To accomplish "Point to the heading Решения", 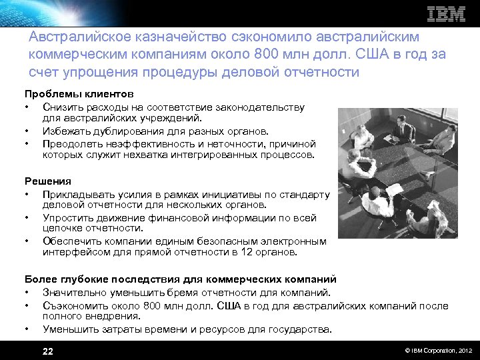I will [x=47, y=181].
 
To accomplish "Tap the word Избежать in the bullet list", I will [x=64, y=131].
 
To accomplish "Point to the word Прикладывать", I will [x=75, y=193].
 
